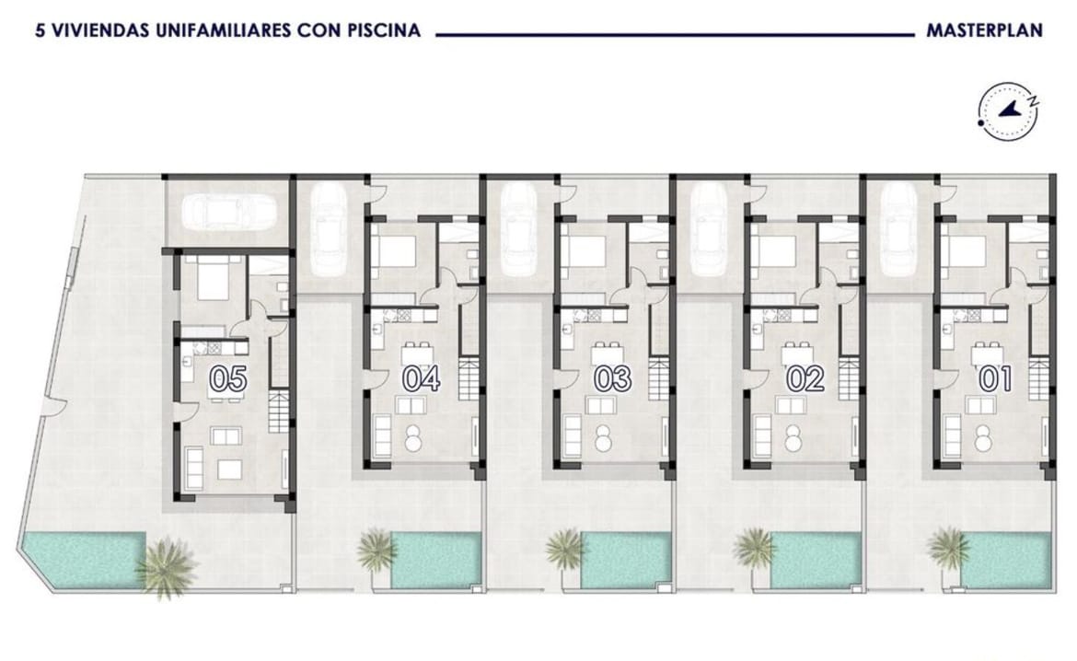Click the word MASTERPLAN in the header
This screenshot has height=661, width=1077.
(984, 30)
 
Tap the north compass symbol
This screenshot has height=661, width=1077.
(1008, 110)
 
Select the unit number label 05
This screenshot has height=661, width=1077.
(228, 378)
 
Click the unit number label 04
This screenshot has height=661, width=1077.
(421, 378)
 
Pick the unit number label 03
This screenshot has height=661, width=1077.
(612, 378)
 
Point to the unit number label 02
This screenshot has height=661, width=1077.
(805, 378)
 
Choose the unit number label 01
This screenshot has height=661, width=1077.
(995, 378)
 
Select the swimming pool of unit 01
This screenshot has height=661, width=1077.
(1006, 560)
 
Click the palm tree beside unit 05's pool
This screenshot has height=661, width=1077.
(166, 567)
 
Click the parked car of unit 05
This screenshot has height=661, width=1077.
(228, 210)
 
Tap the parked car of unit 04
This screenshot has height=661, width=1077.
(329, 229)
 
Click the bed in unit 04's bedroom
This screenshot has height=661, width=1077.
(397, 250)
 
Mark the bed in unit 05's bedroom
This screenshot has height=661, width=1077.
(215, 278)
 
